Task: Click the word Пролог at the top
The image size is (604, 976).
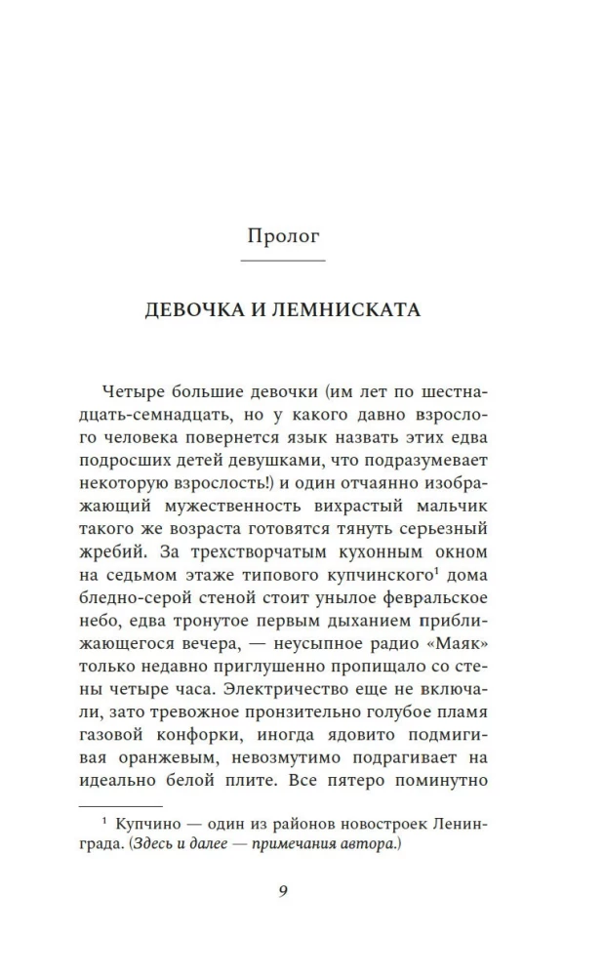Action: [283, 237]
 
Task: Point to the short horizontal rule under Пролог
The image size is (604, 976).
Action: [283, 262]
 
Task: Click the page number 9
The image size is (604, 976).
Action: [283, 891]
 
